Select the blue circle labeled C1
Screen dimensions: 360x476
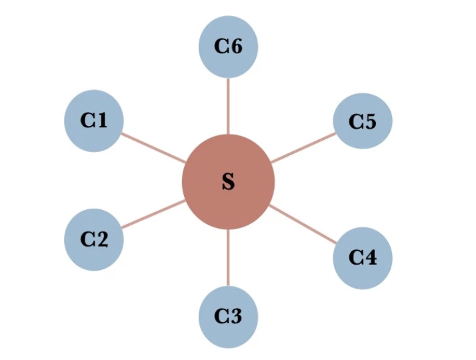click(x=94, y=121)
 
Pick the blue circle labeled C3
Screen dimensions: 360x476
click(x=229, y=317)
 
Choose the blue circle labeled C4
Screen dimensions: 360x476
click(x=363, y=258)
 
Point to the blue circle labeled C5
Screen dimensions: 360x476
click(x=363, y=121)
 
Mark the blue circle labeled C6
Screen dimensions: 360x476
click(x=229, y=47)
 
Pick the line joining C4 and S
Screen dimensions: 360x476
click(x=303, y=225)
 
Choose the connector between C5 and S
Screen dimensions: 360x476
click(x=303, y=147)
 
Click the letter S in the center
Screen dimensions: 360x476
click(x=228, y=182)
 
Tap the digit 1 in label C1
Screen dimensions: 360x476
click(x=101, y=121)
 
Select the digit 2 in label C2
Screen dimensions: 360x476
click(x=102, y=239)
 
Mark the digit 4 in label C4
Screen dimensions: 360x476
click(x=371, y=257)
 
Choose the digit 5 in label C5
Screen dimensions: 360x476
click(x=371, y=121)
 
